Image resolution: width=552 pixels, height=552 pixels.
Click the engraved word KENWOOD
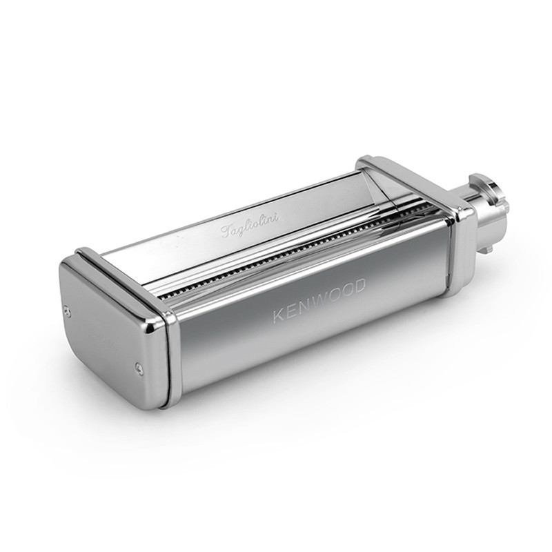coord(319,300)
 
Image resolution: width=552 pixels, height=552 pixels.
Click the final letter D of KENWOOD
coord(359,286)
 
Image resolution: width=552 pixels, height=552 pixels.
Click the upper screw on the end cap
coord(68,310)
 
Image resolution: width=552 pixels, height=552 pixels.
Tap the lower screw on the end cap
coord(139,367)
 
